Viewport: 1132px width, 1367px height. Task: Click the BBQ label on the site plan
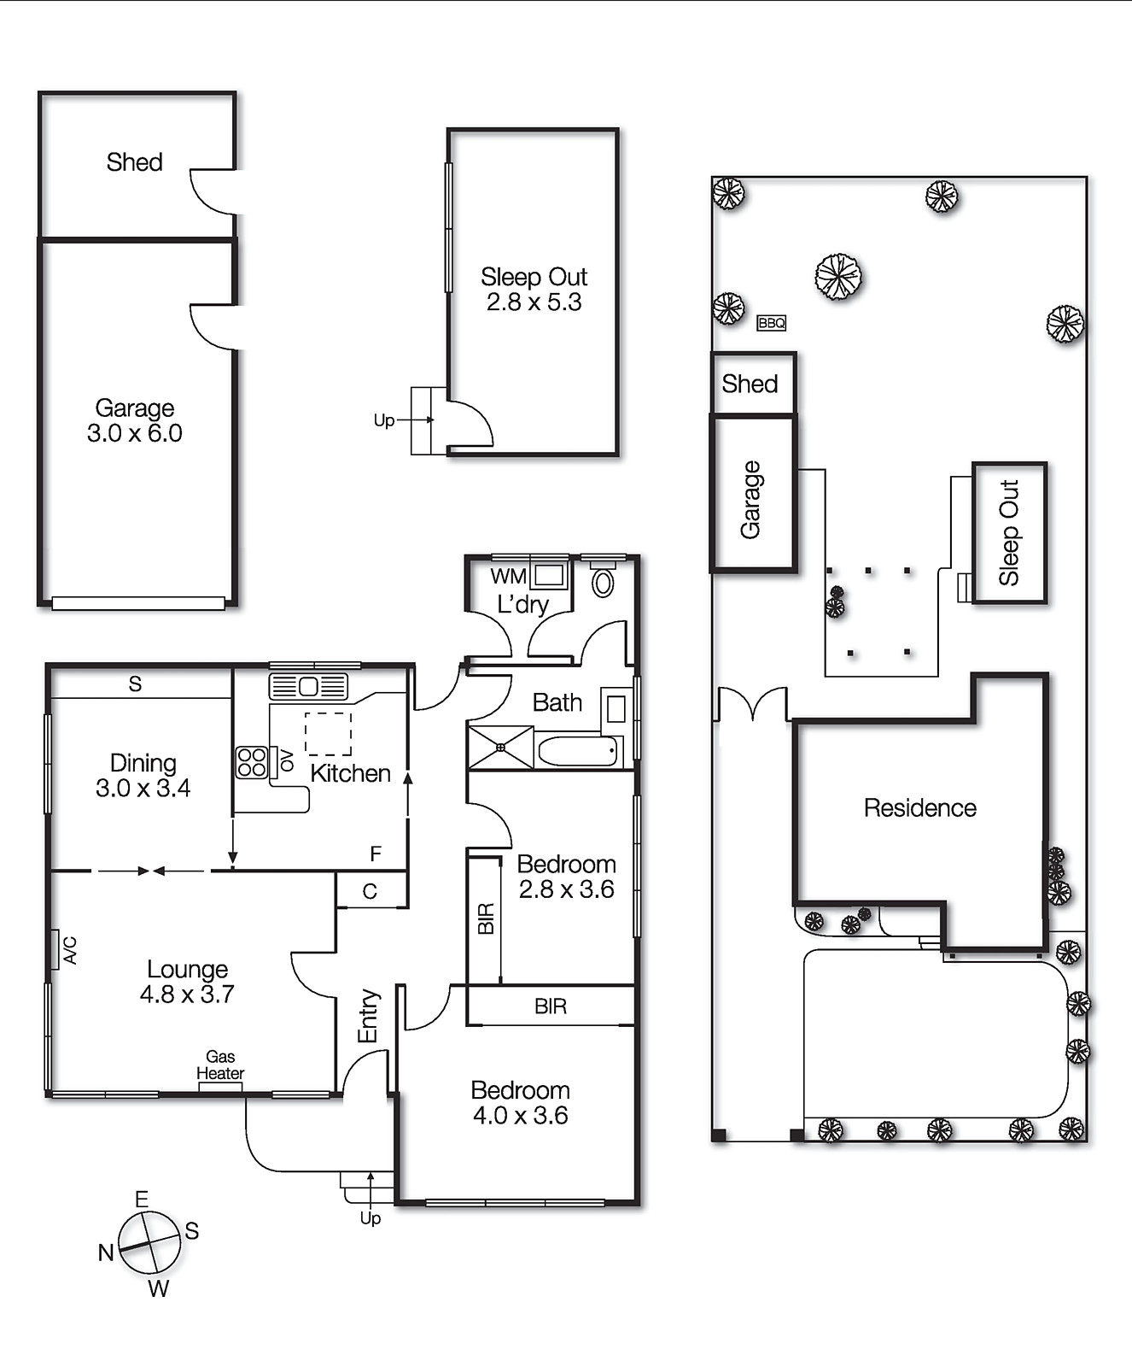pyautogui.click(x=771, y=323)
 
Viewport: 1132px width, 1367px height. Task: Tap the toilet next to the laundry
pyautogui.click(x=603, y=581)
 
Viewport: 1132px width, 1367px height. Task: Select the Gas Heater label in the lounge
pyautogui.click(x=220, y=1065)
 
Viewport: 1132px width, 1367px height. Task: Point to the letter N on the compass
pyautogui.click(x=106, y=1253)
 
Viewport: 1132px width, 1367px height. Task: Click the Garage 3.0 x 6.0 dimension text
pyautogui.click(x=135, y=433)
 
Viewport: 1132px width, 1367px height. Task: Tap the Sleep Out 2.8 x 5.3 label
pyautogui.click(x=534, y=290)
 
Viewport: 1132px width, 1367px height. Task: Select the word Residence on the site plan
pyautogui.click(x=919, y=808)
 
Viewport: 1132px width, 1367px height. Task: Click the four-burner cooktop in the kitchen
pyautogui.click(x=252, y=762)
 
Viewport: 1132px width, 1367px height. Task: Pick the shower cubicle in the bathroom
pyautogui.click(x=500, y=748)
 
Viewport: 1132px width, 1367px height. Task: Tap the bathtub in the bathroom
pyautogui.click(x=577, y=752)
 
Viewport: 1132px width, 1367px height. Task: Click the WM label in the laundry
pyautogui.click(x=507, y=577)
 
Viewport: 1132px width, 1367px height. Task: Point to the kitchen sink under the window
pyautogui.click(x=308, y=686)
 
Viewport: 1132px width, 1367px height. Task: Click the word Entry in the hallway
pyautogui.click(x=368, y=1016)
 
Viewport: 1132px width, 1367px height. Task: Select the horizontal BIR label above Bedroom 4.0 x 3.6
pyautogui.click(x=551, y=1006)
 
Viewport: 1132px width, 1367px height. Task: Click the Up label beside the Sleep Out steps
pyautogui.click(x=384, y=420)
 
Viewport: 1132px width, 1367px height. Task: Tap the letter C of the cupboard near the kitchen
pyautogui.click(x=370, y=892)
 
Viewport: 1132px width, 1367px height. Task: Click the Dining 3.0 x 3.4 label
pyautogui.click(x=143, y=775)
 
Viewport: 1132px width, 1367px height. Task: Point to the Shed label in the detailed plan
pyautogui.click(x=134, y=162)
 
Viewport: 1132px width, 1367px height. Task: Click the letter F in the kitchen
pyautogui.click(x=376, y=854)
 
